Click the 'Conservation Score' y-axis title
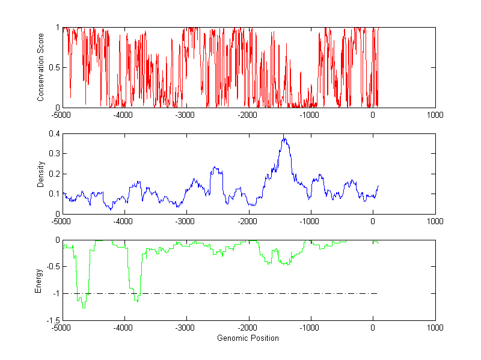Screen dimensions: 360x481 tap(41, 67)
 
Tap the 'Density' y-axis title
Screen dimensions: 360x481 tap(41, 174)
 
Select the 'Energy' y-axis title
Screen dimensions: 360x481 tap(38, 280)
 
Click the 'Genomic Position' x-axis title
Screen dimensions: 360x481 tap(248, 338)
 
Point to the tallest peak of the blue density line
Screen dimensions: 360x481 tap(284, 139)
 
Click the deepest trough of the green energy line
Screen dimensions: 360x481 tap(84, 308)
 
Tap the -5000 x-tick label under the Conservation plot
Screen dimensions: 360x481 tap(61, 114)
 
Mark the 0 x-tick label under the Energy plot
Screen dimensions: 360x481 tap(373, 328)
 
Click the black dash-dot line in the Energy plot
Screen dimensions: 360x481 tap(240, 293)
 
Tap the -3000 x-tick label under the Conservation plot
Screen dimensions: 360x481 tap(185, 114)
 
